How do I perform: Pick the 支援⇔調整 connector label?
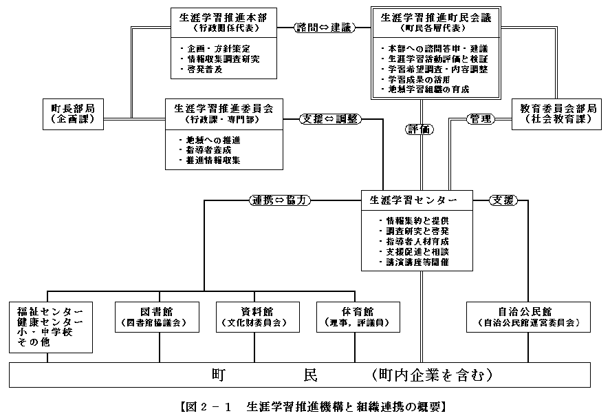[329, 118]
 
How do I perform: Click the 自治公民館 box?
[527, 316]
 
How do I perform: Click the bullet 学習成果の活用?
[413, 80]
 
